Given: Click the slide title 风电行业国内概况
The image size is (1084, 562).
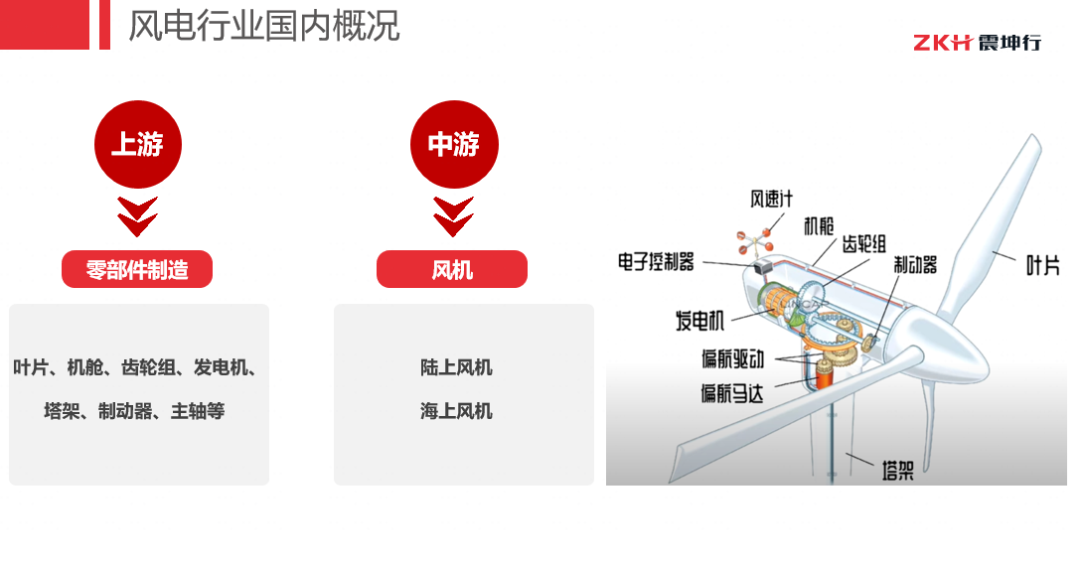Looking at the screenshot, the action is (264, 26).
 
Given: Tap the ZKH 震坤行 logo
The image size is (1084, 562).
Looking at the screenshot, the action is (977, 43).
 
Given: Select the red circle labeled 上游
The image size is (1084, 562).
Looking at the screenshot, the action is (137, 144).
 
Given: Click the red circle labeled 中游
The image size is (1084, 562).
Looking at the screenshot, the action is (454, 144).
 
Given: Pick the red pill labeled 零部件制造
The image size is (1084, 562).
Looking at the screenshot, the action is (137, 269).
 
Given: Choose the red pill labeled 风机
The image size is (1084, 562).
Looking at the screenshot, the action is (452, 269).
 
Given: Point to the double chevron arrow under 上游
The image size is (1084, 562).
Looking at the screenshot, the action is (137, 216).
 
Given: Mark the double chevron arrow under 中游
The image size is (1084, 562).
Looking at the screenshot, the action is (453, 216).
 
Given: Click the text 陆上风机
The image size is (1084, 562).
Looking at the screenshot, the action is (456, 367).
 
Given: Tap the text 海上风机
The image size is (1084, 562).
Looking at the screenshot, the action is (456, 411).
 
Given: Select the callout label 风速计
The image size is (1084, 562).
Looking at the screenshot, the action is (772, 200).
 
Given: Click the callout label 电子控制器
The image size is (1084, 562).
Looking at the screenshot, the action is (656, 261).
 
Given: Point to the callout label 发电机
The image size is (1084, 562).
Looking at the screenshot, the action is (700, 320).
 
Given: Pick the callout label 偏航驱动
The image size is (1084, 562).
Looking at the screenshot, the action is (733, 358).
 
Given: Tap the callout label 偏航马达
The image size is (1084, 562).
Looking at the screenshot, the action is (732, 393).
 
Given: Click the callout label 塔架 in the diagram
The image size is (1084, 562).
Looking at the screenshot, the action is (898, 471).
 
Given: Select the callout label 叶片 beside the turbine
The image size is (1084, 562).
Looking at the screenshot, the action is (1042, 265).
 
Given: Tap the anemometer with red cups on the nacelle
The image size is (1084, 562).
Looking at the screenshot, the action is (755, 241).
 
